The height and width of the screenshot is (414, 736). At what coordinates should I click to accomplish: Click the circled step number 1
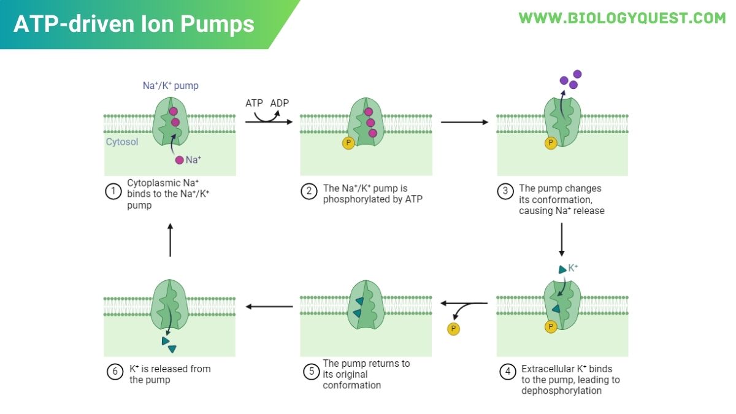click(113, 191)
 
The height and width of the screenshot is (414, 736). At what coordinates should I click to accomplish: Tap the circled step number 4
click(506, 372)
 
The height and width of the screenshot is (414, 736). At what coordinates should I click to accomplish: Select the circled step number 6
click(113, 372)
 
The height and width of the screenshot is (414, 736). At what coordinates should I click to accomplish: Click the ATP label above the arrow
click(254, 103)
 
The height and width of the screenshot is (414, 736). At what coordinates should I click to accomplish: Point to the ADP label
click(280, 103)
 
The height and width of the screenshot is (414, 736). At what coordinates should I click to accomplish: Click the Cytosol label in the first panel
click(122, 142)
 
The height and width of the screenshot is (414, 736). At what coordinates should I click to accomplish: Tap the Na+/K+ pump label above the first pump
click(171, 86)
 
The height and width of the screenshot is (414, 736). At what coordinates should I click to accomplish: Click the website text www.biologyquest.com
click(622, 18)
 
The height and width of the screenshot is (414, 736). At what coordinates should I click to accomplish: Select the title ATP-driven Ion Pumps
click(134, 24)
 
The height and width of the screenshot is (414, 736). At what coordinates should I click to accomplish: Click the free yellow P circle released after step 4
click(454, 329)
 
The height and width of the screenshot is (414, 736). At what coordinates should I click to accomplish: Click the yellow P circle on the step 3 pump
click(551, 143)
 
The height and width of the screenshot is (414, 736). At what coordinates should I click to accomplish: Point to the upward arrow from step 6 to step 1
click(170, 239)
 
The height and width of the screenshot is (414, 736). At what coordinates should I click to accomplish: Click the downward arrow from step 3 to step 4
click(561, 240)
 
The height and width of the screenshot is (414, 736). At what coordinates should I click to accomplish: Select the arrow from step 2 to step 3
click(464, 122)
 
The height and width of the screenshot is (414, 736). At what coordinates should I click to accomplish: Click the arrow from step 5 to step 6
click(269, 305)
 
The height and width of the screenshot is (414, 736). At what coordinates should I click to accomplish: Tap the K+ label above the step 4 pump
click(573, 268)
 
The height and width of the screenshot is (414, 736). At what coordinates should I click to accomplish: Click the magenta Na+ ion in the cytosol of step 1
click(179, 160)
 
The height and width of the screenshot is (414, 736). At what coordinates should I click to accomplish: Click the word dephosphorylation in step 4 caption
click(561, 391)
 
